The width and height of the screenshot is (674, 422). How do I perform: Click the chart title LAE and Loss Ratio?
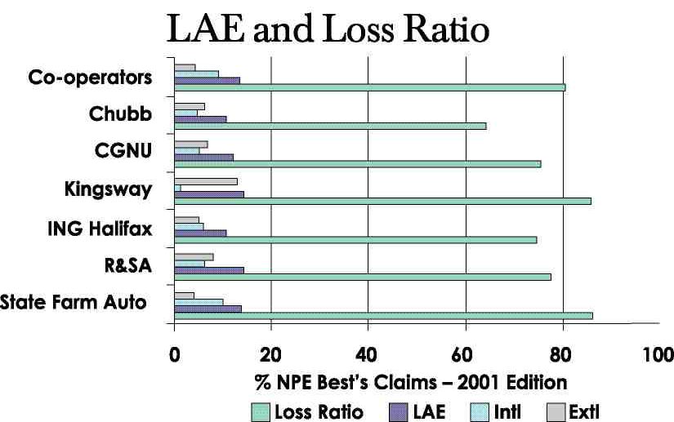point(328,30)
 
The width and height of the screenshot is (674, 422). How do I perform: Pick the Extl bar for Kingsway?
point(206,181)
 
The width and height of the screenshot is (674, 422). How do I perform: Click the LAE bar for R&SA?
point(209,270)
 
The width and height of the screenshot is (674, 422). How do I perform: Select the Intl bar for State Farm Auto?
point(199,301)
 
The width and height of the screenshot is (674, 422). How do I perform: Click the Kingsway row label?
point(108,190)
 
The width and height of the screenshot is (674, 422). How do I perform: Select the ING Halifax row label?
point(99,229)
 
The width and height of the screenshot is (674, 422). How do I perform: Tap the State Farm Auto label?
point(74,303)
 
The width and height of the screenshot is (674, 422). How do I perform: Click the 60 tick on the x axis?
point(466,355)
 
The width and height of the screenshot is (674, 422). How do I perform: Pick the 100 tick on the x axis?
point(658,355)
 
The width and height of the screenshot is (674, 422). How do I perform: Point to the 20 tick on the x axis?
point(271,355)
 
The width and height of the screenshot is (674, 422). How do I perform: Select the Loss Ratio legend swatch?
point(261,411)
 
